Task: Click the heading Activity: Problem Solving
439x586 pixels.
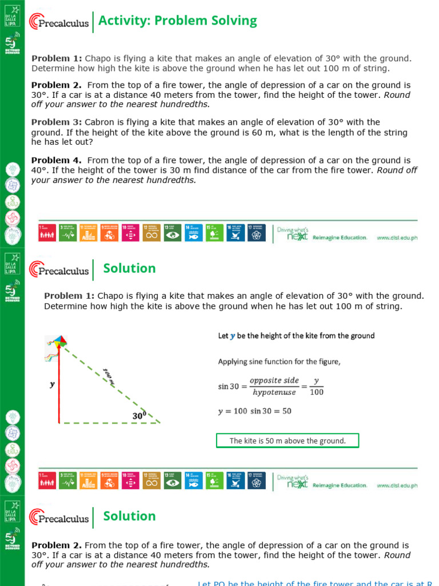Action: point(177,21)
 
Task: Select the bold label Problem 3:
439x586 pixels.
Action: point(57,122)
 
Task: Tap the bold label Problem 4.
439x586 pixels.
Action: point(57,161)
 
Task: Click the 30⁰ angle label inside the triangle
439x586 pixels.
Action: point(139,416)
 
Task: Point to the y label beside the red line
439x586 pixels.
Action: point(52,385)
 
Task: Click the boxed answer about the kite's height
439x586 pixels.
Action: point(288,441)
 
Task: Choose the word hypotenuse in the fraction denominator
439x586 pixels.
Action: point(274,393)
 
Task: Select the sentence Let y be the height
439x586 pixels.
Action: point(296,336)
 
